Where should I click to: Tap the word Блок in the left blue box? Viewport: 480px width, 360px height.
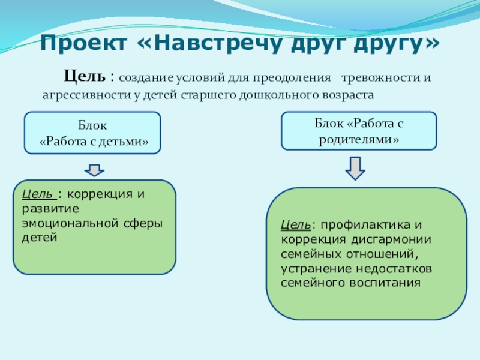[92, 127]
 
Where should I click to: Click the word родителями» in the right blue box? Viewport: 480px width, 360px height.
[359, 139]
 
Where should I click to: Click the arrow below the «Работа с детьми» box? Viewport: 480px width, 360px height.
[94, 170]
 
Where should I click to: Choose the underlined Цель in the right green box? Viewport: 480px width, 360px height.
[295, 225]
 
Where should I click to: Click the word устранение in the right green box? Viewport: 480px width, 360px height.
[314, 268]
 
